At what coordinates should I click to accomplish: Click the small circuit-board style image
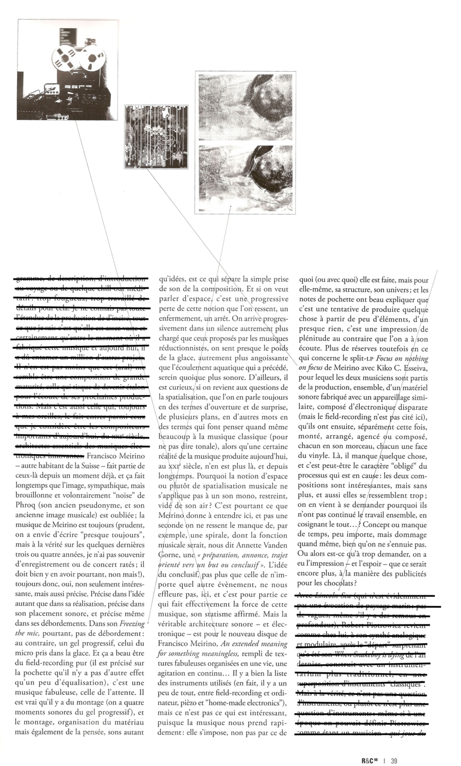[x=156, y=137]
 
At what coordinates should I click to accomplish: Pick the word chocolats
[x=339, y=583]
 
